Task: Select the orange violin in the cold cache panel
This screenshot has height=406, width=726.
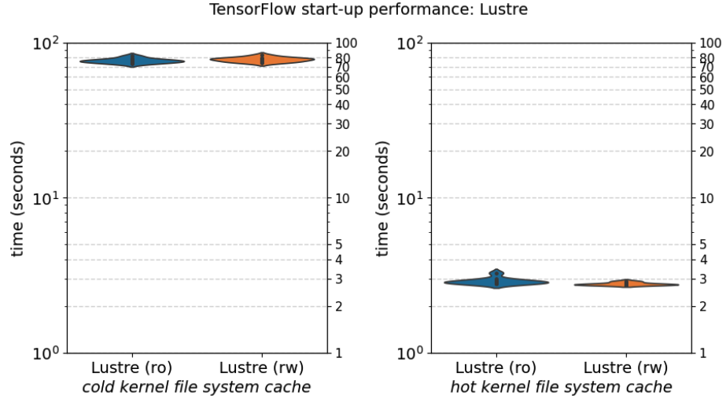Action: click(x=262, y=60)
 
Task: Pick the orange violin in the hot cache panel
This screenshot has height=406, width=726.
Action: click(x=626, y=284)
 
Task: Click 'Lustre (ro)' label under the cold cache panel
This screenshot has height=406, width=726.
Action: click(x=131, y=367)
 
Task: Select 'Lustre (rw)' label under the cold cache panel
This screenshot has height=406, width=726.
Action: click(x=262, y=367)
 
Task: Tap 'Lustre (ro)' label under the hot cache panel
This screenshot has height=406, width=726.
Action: click(x=496, y=367)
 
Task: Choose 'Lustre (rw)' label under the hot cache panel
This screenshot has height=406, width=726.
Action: click(x=626, y=367)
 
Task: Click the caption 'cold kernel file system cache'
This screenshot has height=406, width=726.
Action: click(x=197, y=387)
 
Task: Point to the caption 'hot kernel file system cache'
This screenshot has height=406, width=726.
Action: click(x=561, y=387)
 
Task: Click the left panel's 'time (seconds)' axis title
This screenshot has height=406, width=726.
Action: click(x=17, y=198)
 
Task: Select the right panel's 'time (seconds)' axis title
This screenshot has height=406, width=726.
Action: click(x=382, y=198)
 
